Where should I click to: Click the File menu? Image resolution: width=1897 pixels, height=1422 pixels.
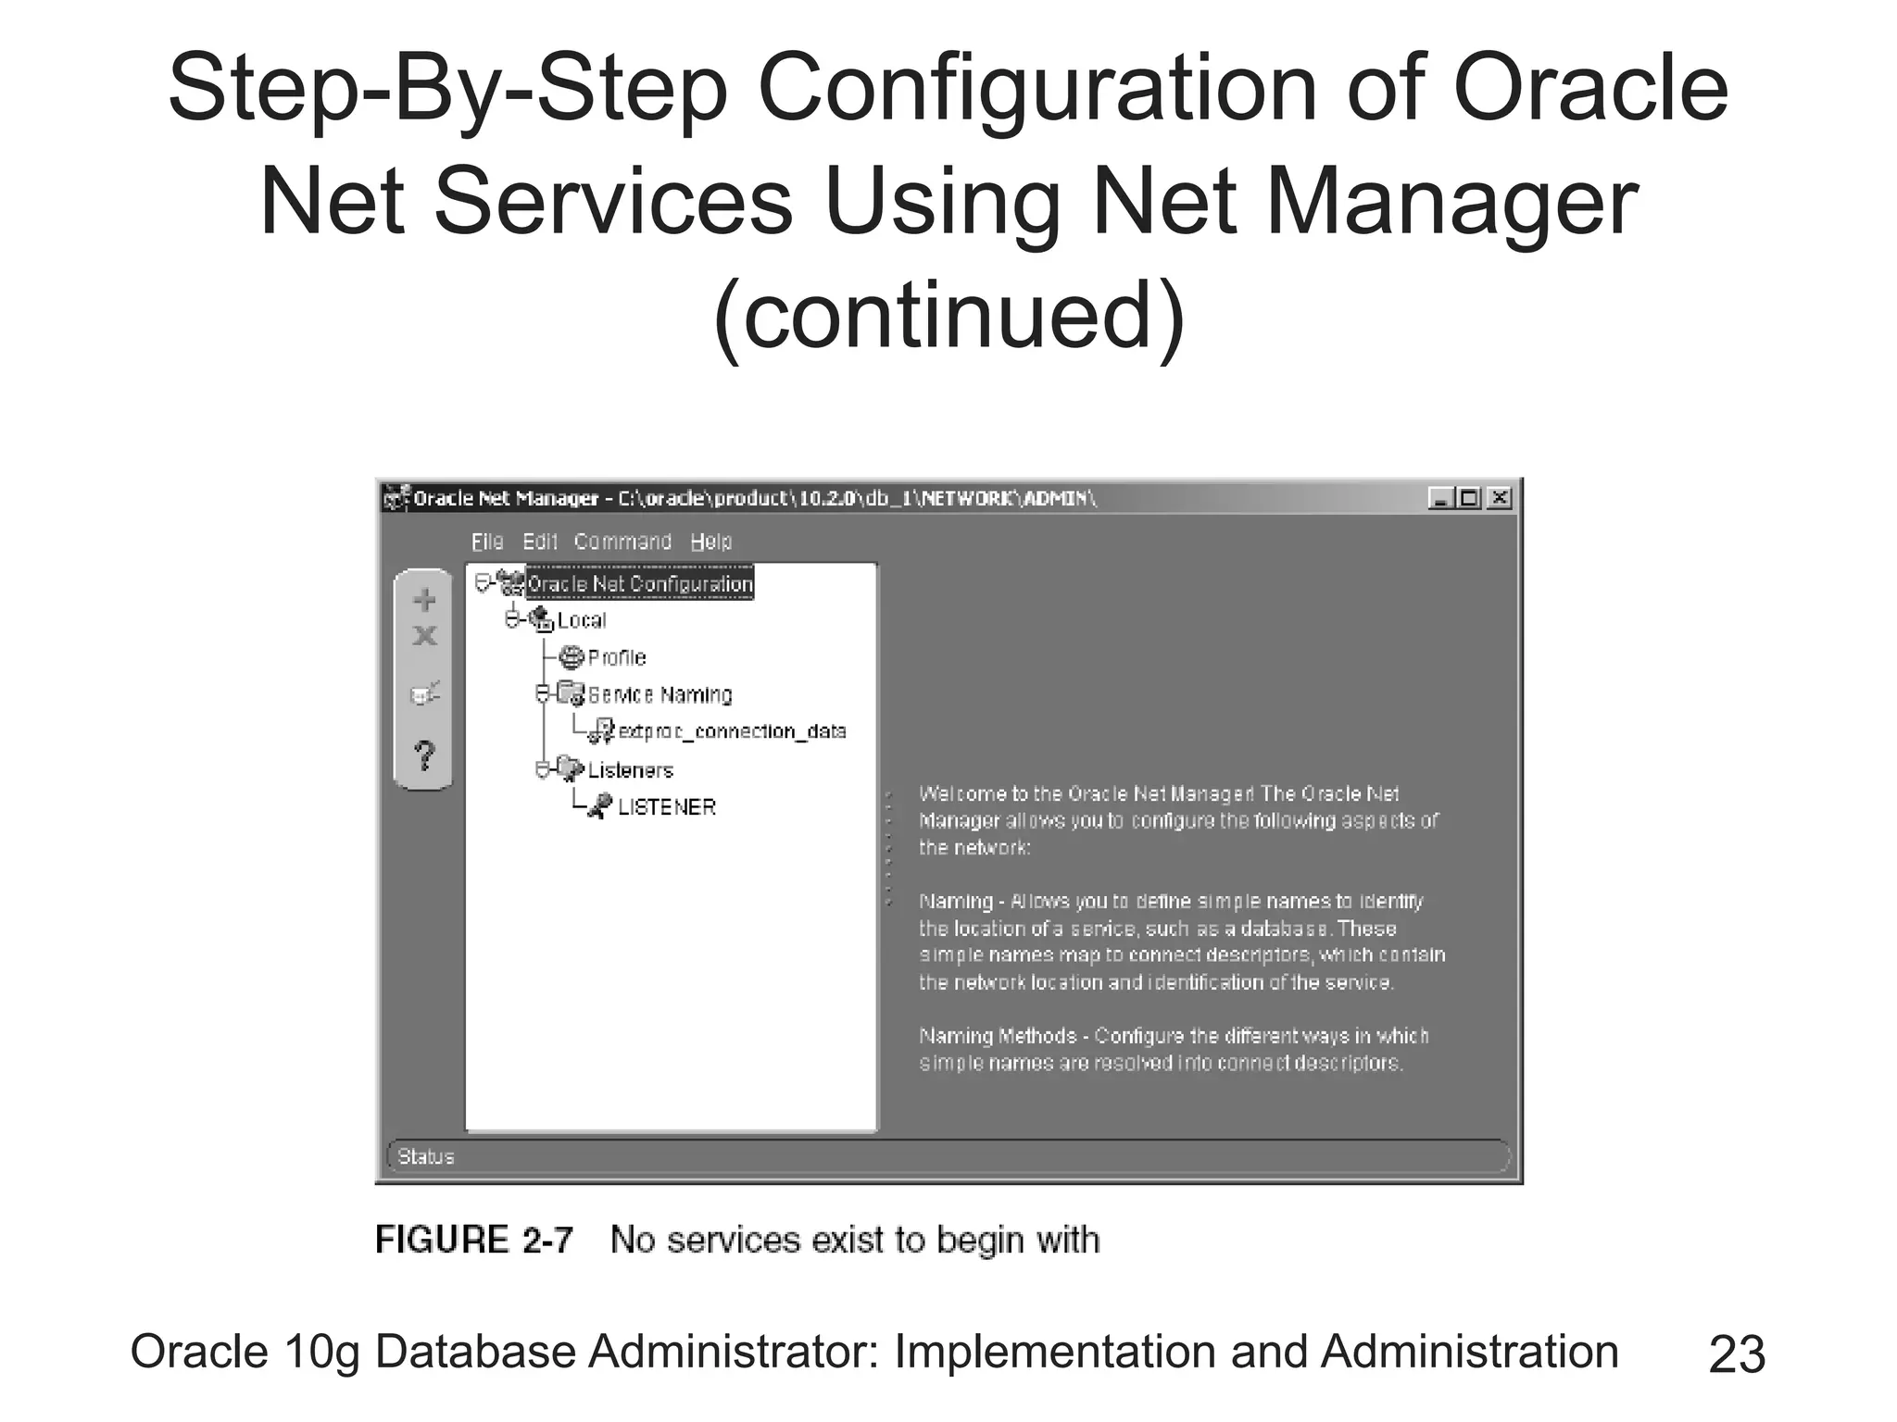pyautogui.click(x=487, y=542)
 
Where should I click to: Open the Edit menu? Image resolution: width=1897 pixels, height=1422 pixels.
pyautogui.click(x=539, y=542)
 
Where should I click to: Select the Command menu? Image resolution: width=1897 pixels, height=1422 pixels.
pyautogui.click(x=622, y=542)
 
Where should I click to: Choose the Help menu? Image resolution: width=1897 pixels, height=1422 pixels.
pyautogui.click(x=710, y=542)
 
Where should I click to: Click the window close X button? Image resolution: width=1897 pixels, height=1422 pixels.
pyautogui.click(x=1499, y=499)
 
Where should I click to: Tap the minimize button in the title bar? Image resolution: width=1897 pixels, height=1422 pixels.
pyautogui.click(x=1440, y=499)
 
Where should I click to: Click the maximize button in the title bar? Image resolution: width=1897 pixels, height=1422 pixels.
pyautogui.click(x=1469, y=499)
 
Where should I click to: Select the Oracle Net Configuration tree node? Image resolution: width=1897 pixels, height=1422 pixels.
pyautogui.click(x=639, y=584)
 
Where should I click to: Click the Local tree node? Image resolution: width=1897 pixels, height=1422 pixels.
pyautogui.click(x=581, y=620)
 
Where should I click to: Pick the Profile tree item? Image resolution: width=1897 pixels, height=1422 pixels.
pyautogui.click(x=616, y=658)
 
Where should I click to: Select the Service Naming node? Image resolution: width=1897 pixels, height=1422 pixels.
pyautogui.click(x=659, y=695)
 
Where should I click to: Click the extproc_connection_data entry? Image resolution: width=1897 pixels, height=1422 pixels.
pyautogui.click(x=732, y=732)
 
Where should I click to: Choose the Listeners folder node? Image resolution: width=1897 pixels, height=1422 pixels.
pyautogui.click(x=630, y=770)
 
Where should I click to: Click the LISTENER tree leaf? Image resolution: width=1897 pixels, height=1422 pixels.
pyautogui.click(x=666, y=807)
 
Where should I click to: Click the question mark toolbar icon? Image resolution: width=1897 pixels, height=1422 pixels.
pyautogui.click(x=424, y=755)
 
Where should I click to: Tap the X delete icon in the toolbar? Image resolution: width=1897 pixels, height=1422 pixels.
pyautogui.click(x=424, y=636)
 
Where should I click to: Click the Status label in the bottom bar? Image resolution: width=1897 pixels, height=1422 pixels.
pyautogui.click(x=426, y=1156)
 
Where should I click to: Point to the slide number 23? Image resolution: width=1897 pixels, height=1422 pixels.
pyautogui.click(x=1736, y=1354)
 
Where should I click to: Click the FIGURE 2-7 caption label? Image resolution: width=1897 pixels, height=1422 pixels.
pyautogui.click(x=474, y=1240)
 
